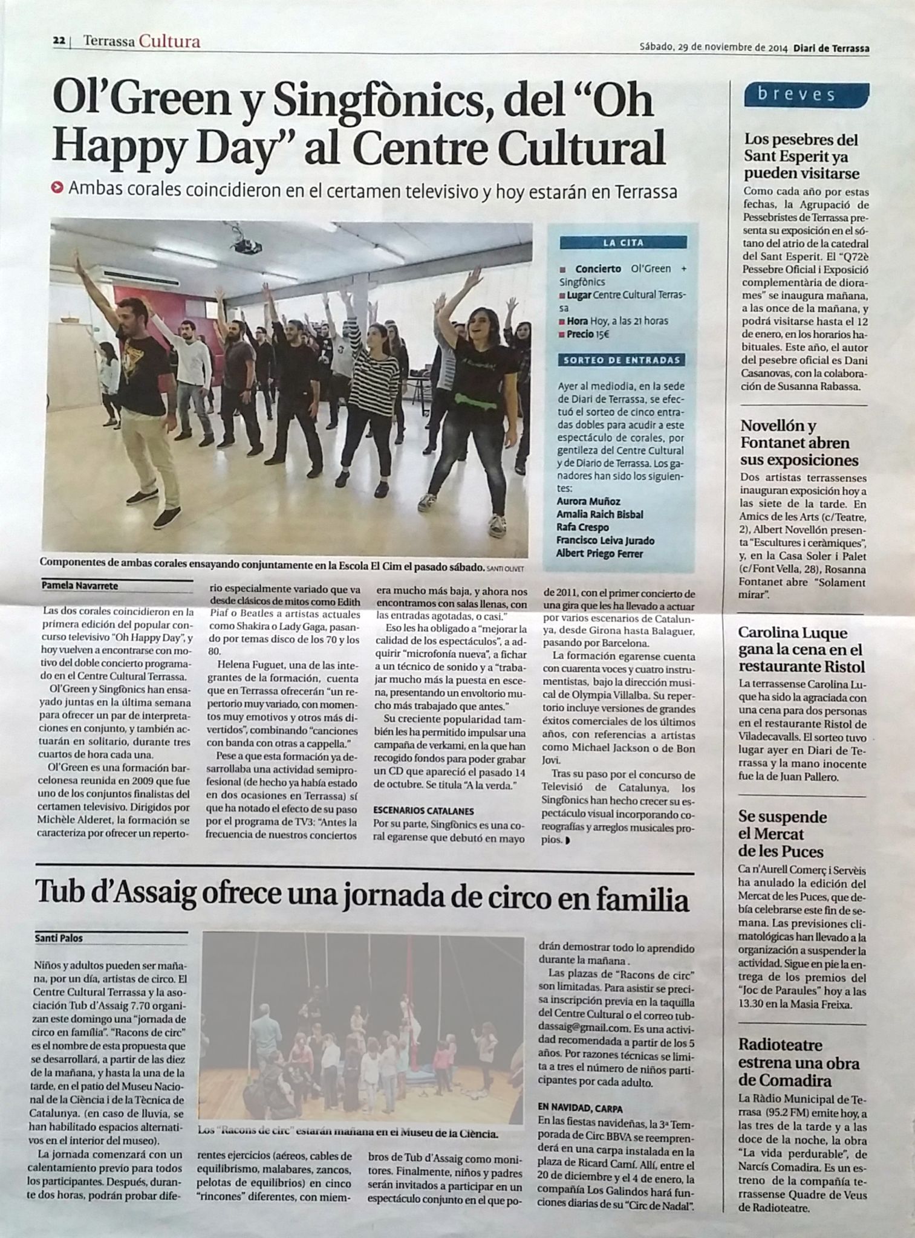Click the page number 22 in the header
click(59, 41)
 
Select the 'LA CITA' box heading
click(623, 243)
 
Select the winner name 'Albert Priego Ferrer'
click(599, 553)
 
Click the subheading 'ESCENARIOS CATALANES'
click(423, 811)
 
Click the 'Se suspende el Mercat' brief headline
click(782, 834)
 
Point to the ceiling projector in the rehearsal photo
click(246, 246)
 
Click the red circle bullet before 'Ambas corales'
click(57, 188)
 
